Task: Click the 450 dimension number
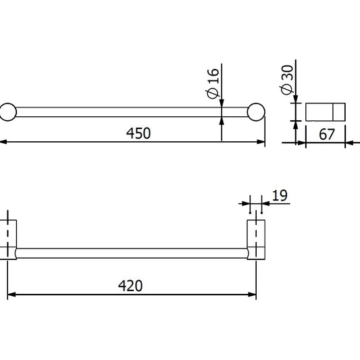pyautogui.click(x=138, y=133)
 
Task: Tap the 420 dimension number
pyautogui.click(x=131, y=286)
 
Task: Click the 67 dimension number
pyautogui.click(x=327, y=134)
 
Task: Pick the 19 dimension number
pyautogui.click(x=280, y=196)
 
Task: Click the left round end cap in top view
pyautogui.click(x=7, y=111)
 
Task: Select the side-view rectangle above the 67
pyautogui.click(x=326, y=111)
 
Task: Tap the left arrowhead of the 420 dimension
pyautogui.click(x=12, y=294)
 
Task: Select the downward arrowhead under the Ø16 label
pyautogui.click(x=222, y=102)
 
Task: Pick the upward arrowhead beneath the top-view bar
pyautogui.click(x=222, y=121)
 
